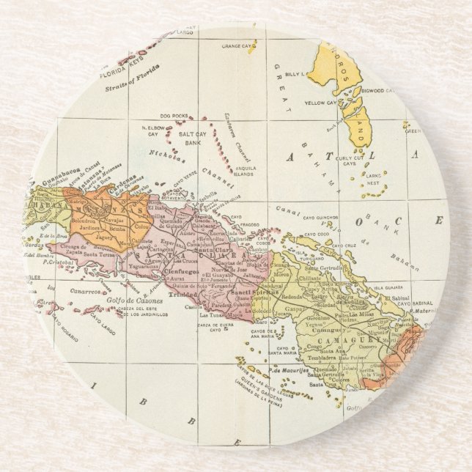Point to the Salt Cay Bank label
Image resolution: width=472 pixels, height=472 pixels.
[193, 140]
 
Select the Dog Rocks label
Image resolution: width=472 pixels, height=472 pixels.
[175, 115]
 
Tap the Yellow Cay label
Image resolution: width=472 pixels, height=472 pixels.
[320, 103]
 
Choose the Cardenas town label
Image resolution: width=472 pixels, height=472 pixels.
[125, 179]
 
